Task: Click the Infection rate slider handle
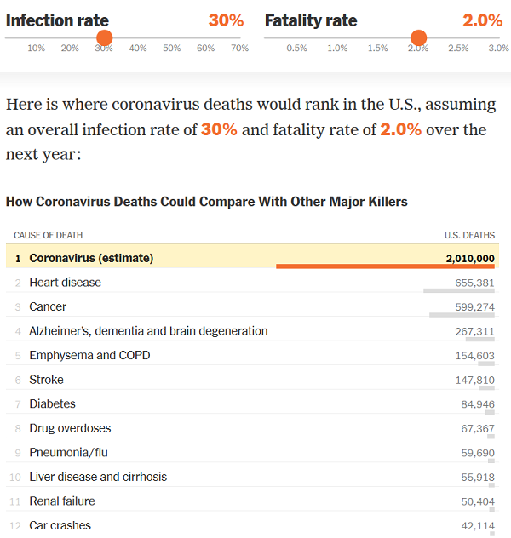pyautogui.click(x=104, y=37)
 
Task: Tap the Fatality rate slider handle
pyautogui.click(x=418, y=37)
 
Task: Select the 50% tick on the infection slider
pyautogui.click(x=172, y=49)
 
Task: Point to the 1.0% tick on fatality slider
pyautogui.click(x=337, y=49)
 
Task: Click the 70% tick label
pyautogui.click(x=239, y=49)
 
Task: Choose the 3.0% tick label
pyautogui.click(x=498, y=49)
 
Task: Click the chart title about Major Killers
pyautogui.click(x=206, y=202)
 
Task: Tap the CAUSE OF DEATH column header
pyautogui.click(x=48, y=235)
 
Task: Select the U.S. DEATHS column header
pyautogui.click(x=468, y=235)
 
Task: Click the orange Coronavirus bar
pyautogui.click(x=386, y=266)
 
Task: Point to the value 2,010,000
pyautogui.click(x=469, y=258)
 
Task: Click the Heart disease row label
pyautogui.click(x=65, y=282)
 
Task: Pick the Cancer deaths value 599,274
pyautogui.click(x=474, y=306)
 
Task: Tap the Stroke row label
pyautogui.click(x=46, y=380)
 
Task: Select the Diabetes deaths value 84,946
pyautogui.click(x=477, y=404)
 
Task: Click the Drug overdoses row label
pyautogui.click(x=70, y=428)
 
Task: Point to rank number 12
pyautogui.click(x=14, y=526)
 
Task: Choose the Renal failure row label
pyautogui.click(x=62, y=501)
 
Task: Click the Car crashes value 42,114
pyautogui.click(x=477, y=526)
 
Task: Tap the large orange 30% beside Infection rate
pyautogui.click(x=226, y=20)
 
